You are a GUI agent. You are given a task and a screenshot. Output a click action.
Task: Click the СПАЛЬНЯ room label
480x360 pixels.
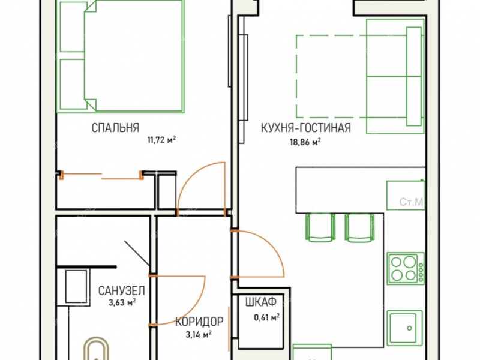[x=115, y=127]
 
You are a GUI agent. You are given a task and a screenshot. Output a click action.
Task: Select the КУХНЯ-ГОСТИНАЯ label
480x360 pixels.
[x=305, y=127]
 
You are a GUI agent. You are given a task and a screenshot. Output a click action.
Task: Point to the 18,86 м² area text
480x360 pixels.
[x=305, y=142]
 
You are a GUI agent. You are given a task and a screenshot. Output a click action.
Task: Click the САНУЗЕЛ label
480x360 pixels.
[x=122, y=290]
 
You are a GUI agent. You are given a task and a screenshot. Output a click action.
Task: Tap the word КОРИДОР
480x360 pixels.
[x=200, y=322]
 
